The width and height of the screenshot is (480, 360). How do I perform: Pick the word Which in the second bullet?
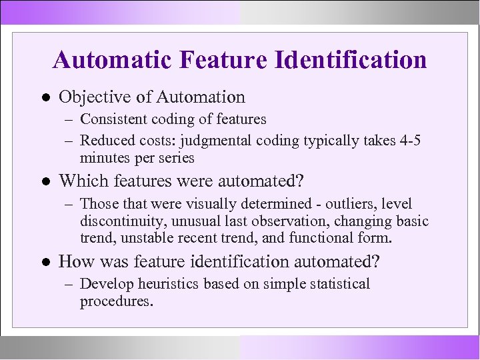coord(80,181)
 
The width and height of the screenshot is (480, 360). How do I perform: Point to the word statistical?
coord(340,284)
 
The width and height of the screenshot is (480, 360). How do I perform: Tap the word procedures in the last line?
coord(115,301)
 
